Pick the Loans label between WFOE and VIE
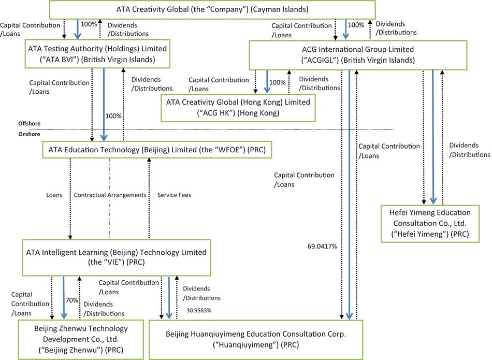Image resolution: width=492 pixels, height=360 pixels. tap(53, 195)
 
